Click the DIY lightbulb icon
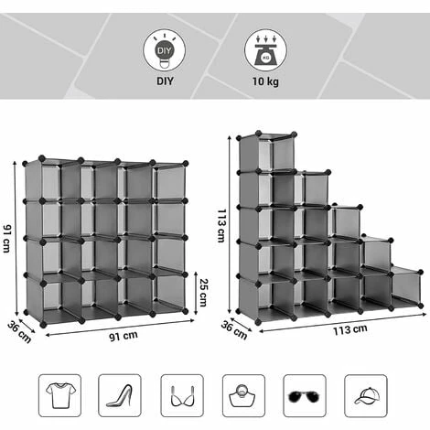click(x=165, y=50)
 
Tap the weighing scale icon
click(x=265, y=50)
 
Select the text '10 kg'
click(x=265, y=81)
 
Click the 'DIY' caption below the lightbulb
click(x=165, y=81)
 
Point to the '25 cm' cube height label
click(x=203, y=292)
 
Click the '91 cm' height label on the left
click(x=7, y=239)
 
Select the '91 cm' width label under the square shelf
click(x=124, y=336)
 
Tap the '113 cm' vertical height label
click(x=221, y=225)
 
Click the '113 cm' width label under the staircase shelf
click(x=349, y=329)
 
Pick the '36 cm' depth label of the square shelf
click(x=19, y=332)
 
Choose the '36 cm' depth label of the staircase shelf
click(x=234, y=330)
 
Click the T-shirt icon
click(x=60, y=395)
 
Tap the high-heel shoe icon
click(x=120, y=395)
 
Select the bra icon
click(x=182, y=395)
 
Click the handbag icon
click(x=243, y=395)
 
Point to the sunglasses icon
click(x=305, y=395)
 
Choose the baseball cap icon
click(x=366, y=395)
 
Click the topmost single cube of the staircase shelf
click(x=267, y=152)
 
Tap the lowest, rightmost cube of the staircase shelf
click(x=406, y=288)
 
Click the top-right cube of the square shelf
click(x=170, y=181)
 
